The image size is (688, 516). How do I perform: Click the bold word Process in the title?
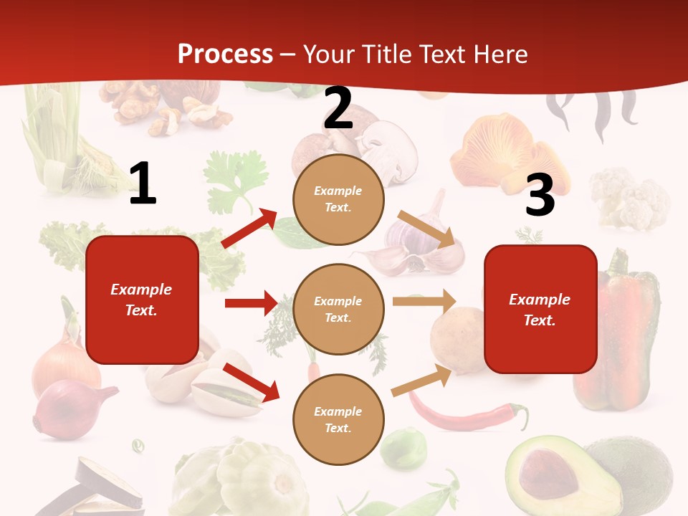[x=225, y=54]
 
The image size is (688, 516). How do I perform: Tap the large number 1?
[x=143, y=184]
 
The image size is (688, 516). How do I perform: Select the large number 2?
[x=338, y=109]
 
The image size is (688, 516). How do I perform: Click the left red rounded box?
[x=142, y=300]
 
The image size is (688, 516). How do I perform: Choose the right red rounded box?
[x=540, y=309]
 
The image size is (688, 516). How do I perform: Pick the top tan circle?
[x=338, y=199]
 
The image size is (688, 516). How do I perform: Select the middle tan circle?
[x=338, y=309]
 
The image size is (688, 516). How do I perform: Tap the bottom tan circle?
[x=338, y=419]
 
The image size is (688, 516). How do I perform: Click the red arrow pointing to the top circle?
[x=249, y=229]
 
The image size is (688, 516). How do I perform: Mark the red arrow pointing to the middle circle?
[x=251, y=303]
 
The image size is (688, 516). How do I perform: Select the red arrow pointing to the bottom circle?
[x=251, y=382]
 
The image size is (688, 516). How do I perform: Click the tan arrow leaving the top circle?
[x=426, y=229]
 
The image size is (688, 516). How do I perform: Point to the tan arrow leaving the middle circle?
[x=424, y=302]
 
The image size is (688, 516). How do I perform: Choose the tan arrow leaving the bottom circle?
[x=422, y=380]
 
